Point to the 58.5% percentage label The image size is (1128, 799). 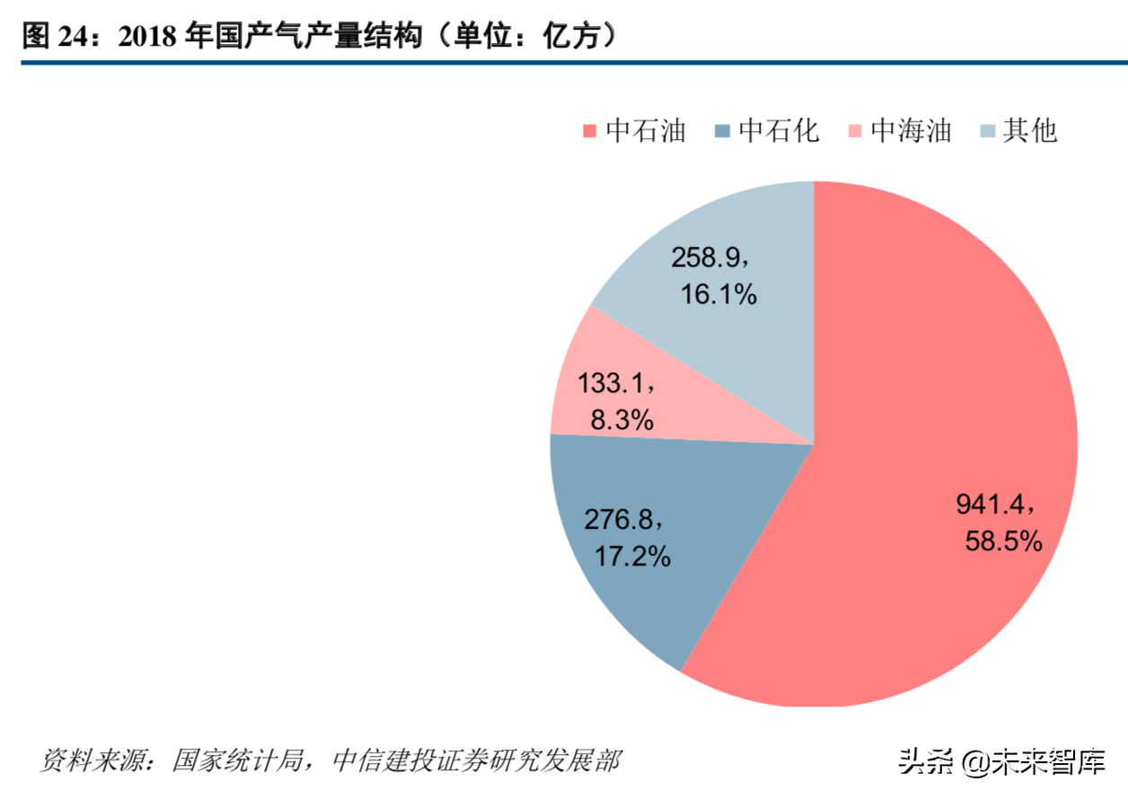(x=1003, y=540)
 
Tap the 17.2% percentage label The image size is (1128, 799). (x=632, y=556)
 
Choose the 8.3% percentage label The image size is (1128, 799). (x=621, y=418)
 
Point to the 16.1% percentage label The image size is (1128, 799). (x=718, y=294)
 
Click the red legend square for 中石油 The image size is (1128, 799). (x=589, y=132)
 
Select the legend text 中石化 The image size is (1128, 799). (x=779, y=131)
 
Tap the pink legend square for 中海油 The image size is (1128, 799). (x=855, y=132)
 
